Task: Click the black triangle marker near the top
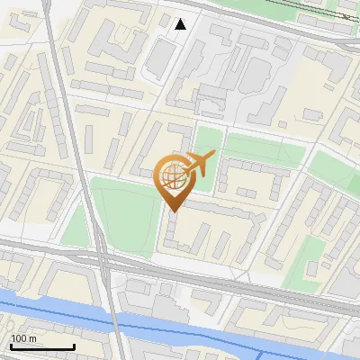point(181,24)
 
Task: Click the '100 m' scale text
point(22,338)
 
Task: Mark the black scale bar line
point(41,346)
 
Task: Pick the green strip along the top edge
point(261,7)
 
